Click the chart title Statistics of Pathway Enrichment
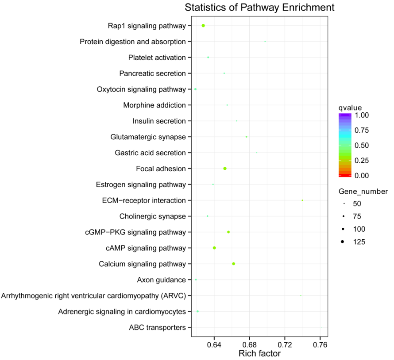coord(259,8)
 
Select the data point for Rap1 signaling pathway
coord(203,26)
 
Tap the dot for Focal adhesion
coord(225,169)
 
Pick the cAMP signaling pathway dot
coord(214,248)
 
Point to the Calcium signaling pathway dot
coord(233,264)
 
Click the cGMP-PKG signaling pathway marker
coord(228,232)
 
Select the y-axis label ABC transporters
coord(157,328)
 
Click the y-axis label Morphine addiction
coord(155,105)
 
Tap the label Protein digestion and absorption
coord(133,42)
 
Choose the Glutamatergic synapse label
coord(148,137)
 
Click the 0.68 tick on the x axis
coord(250,345)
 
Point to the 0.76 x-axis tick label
coord(320,345)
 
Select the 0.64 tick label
coord(214,345)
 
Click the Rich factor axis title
coord(259,354)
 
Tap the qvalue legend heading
coord(350,107)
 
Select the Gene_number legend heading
coord(363,191)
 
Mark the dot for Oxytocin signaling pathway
coord(195,89)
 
